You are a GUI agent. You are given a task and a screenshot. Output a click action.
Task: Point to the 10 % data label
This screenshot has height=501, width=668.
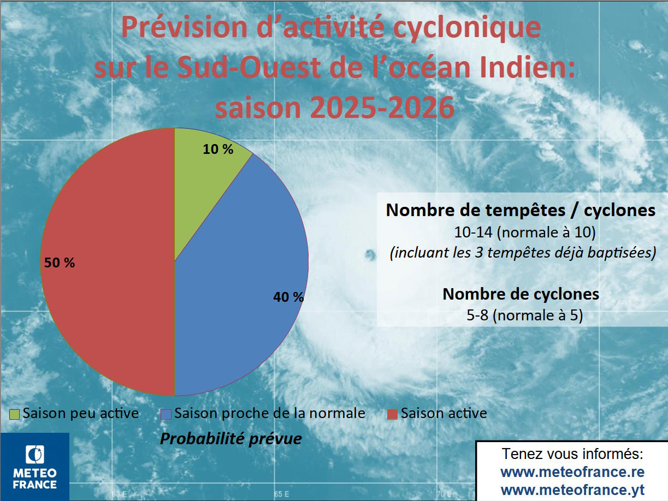pyautogui.click(x=218, y=149)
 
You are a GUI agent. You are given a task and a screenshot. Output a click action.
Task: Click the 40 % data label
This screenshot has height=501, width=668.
pyautogui.click(x=288, y=297)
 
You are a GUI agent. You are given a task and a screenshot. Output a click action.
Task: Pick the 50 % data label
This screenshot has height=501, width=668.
pyautogui.click(x=60, y=263)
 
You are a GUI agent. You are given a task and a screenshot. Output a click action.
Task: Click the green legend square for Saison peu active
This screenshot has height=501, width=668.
pyautogui.click(x=15, y=414)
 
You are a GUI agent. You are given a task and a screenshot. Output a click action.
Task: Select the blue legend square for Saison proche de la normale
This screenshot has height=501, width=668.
pyautogui.click(x=166, y=414)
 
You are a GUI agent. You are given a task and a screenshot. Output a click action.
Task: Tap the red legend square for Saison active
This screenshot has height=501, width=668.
pyautogui.click(x=392, y=414)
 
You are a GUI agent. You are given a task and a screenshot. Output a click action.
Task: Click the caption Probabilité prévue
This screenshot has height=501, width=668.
pyautogui.click(x=230, y=438)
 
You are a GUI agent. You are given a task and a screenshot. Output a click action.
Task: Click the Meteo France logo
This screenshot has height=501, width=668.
pyautogui.click(x=35, y=467)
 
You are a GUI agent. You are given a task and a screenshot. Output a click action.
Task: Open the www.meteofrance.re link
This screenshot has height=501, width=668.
pyautogui.click(x=572, y=472)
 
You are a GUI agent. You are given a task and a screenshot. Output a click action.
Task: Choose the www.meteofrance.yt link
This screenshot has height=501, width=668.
pyautogui.click(x=572, y=489)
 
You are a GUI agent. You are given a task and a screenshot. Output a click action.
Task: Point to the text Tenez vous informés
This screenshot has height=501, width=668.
pyautogui.click(x=572, y=454)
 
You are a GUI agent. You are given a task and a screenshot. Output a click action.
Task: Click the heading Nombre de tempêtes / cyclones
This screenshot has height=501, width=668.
pyautogui.click(x=521, y=211)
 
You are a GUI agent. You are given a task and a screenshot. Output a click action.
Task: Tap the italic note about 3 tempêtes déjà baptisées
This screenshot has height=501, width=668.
pyautogui.click(x=523, y=254)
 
